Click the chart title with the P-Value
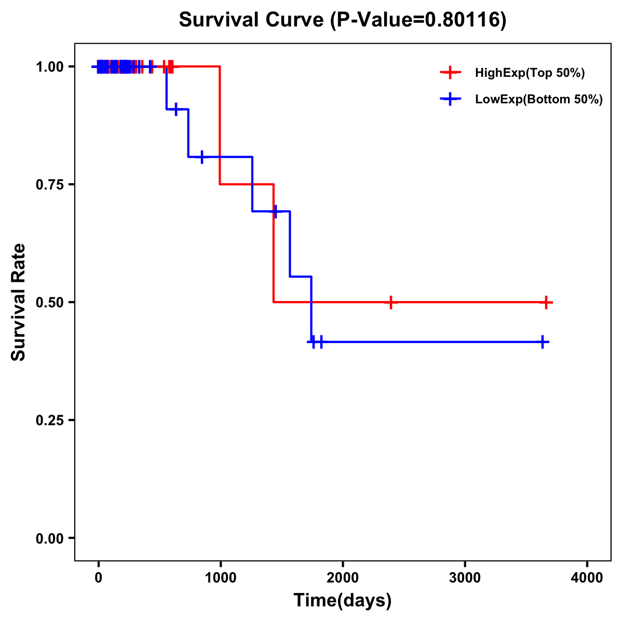(342, 20)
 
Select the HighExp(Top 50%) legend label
(530, 73)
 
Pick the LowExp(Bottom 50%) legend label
(539, 100)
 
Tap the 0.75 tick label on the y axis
(49, 185)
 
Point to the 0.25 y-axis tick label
(49, 421)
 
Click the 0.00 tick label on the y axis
(49, 538)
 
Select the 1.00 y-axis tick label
(49, 67)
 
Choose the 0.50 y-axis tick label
(49, 303)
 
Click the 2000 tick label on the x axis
(343, 578)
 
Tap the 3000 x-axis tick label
(465, 578)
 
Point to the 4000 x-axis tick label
(587, 578)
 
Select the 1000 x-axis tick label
(220, 578)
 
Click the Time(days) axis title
(343, 601)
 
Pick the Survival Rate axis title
(19, 302)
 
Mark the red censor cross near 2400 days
(391, 302)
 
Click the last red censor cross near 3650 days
(546, 302)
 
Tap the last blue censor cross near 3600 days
(542, 342)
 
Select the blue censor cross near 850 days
(202, 157)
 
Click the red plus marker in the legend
(450, 73)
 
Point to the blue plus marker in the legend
(450, 100)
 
